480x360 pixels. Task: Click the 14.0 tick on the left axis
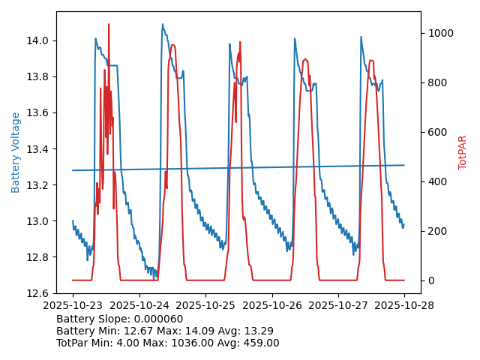pyautogui.click(x=39, y=40)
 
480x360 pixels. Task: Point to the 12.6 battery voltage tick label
pyautogui.click(x=39, y=293)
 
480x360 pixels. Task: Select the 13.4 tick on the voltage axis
pyautogui.click(x=39, y=149)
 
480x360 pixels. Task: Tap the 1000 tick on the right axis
pyautogui.click(x=455, y=33)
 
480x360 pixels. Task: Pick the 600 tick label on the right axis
pyautogui.click(x=452, y=132)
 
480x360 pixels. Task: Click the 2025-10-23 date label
pyautogui.click(x=73, y=306)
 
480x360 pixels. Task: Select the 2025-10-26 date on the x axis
pyautogui.click(x=272, y=306)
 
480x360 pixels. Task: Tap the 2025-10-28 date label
pyautogui.click(x=405, y=306)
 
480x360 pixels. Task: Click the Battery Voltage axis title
pyautogui.click(x=16, y=152)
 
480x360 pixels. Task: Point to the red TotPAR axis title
pyautogui.click(x=463, y=152)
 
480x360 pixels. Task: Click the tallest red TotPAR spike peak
pyautogui.click(x=109, y=24)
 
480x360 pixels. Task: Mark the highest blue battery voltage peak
pyautogui.click(x=163, y=24)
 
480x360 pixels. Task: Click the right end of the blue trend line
pyautogui.click(x=404, y=165)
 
